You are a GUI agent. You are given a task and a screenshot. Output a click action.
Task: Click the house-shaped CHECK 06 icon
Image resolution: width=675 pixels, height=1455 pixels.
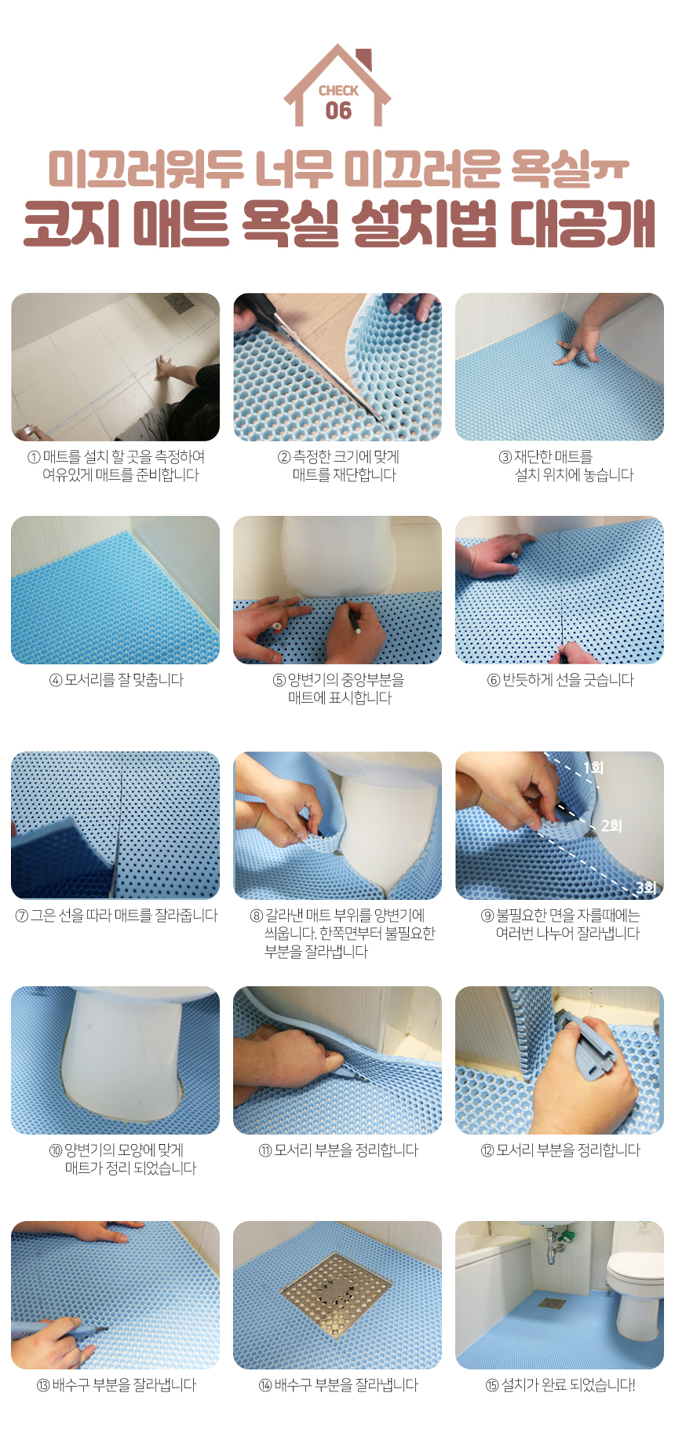coord(337,86)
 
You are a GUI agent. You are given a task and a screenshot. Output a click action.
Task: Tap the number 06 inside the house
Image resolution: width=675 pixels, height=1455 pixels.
coord(338,111)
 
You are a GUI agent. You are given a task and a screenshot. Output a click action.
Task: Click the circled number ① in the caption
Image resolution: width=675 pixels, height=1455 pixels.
coord(34,457)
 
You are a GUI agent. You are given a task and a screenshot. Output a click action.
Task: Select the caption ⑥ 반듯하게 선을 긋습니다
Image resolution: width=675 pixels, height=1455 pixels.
coord(560,680)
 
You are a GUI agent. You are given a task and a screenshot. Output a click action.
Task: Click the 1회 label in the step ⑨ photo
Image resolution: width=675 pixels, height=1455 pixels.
coord(593,767)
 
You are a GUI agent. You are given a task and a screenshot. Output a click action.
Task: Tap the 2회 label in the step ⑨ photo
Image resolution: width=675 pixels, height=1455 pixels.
coord(611,825)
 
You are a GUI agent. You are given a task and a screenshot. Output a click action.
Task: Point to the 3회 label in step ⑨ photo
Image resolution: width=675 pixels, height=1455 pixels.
coord(646,887)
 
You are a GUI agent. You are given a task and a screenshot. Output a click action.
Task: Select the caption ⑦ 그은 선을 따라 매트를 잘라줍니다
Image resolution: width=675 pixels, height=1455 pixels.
coord(116,916)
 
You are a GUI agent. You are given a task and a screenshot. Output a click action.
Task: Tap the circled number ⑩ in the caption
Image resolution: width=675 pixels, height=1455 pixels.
coord(56,1151)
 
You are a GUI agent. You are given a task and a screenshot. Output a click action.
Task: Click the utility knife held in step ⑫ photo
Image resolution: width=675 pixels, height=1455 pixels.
coord(585,1041)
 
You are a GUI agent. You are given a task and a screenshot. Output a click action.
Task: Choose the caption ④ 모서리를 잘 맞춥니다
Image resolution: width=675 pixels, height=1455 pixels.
coord(116,680)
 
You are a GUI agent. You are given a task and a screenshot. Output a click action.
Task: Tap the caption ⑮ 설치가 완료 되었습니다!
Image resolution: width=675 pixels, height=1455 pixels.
coord(560,1385)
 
